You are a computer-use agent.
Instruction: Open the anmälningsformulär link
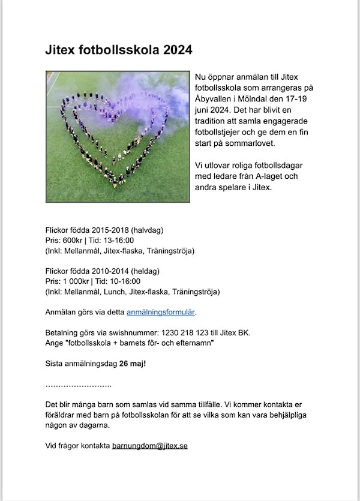(x=161, y=312)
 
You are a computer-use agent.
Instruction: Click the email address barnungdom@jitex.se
(x=150, y=446)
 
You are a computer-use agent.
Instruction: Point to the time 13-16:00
(x=125, y=240)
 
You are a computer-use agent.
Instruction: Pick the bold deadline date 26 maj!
(x=133, y=364)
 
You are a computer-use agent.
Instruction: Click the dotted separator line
(x=79, y=384)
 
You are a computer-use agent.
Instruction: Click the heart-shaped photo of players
(x=118, y=137)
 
